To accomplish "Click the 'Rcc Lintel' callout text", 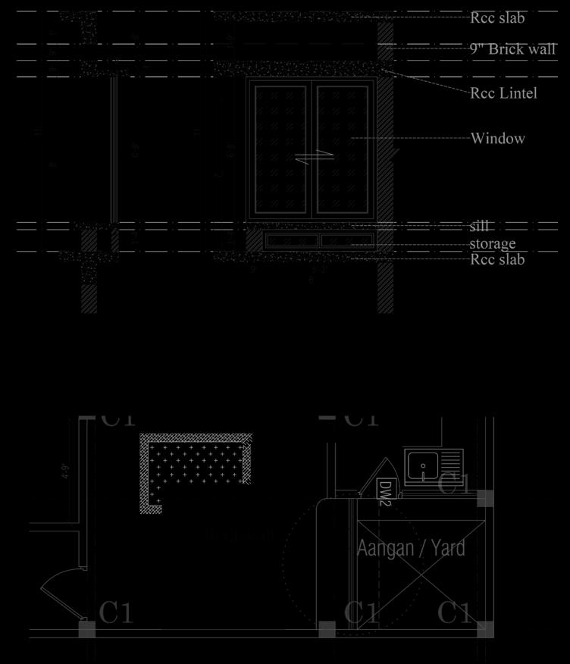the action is tap(503, 93).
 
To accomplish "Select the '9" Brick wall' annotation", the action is tap(513, 49).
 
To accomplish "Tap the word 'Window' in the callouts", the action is tap(497, 139).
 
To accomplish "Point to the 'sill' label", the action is tap(480, 227).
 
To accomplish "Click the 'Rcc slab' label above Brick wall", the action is tap(497, 17).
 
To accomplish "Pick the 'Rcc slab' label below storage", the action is tap(497, 259).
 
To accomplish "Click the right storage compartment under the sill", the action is tap(348, 240).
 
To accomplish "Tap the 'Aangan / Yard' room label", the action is tap(411, 548).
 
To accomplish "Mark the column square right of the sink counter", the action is tap(485, 498).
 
